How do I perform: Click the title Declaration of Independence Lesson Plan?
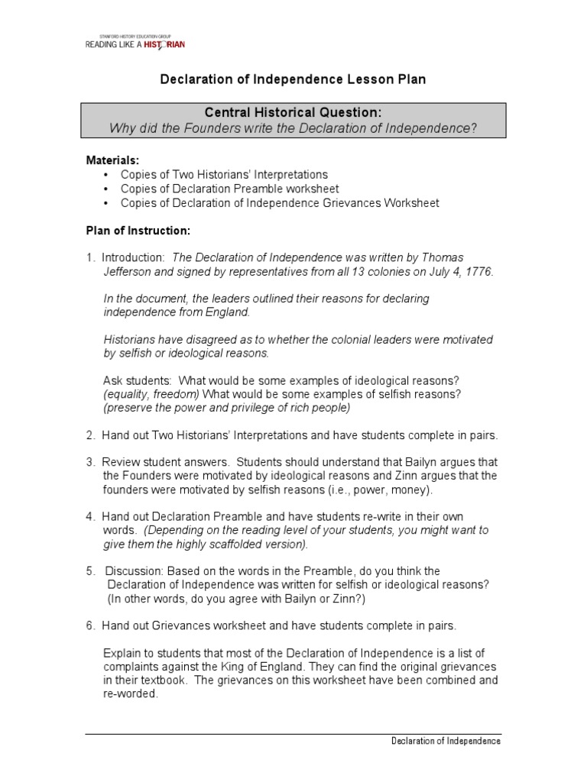293,79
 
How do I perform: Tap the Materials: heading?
112,160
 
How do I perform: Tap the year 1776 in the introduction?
477,271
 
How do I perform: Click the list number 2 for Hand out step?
89,435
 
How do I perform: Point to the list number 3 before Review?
89,461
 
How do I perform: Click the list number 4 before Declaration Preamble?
89,516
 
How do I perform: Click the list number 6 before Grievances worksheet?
89,626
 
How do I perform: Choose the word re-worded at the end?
130,695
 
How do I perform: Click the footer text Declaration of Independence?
446,741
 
